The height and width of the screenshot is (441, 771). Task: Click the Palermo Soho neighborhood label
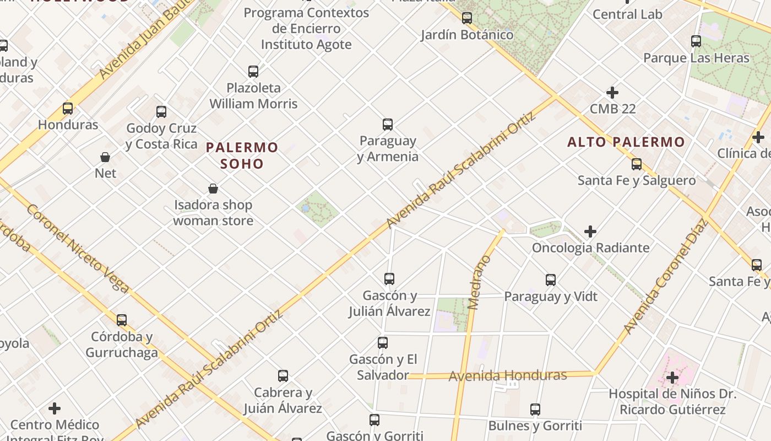(242, 155)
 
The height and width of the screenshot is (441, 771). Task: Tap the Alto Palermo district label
(626, 142)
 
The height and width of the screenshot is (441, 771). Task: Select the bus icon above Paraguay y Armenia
(388, 125)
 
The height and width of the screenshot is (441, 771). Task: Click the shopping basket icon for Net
(105, 157)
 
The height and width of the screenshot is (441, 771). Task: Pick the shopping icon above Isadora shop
(213, 189)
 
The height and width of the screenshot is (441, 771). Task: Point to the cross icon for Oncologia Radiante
(590, 232)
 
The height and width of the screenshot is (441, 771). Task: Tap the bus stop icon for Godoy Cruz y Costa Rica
(161, 112)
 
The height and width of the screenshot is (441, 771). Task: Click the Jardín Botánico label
(467, 35)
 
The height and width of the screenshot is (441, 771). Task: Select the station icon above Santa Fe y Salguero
(637, 164)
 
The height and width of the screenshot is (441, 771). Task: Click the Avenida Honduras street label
(508, 376)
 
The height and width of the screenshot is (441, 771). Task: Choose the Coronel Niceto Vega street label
(78, 249)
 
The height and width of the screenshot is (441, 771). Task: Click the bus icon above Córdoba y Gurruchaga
(122, 320)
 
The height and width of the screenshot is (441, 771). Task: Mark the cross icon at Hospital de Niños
(672, 378)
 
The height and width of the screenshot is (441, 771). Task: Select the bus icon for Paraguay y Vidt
(551, 280)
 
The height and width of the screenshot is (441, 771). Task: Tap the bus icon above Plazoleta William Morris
(253, 72)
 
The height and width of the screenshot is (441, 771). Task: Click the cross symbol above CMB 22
(612, 93)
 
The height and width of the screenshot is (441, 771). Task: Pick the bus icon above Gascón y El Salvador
(383, 343)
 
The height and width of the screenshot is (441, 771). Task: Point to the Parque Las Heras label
(696, 58)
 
